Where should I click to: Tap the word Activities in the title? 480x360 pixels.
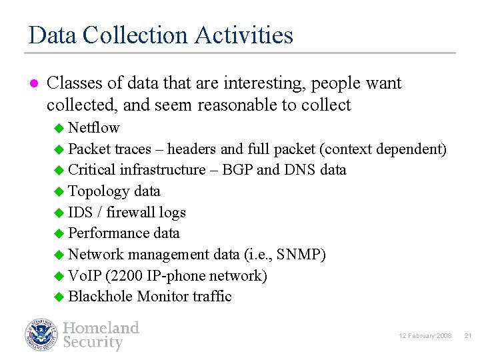tap(245, 35)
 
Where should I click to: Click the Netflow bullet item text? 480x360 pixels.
tap(94, 127)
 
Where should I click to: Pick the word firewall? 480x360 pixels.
tap(130, 212)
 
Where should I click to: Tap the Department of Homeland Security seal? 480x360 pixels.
tap(41, 335)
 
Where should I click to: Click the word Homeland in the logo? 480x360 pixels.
tap(101, 328)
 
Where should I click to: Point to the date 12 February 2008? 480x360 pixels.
tap(425, 335)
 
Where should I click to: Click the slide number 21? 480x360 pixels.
tap(467, 335)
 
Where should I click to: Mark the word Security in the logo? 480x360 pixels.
tap(93, 343)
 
